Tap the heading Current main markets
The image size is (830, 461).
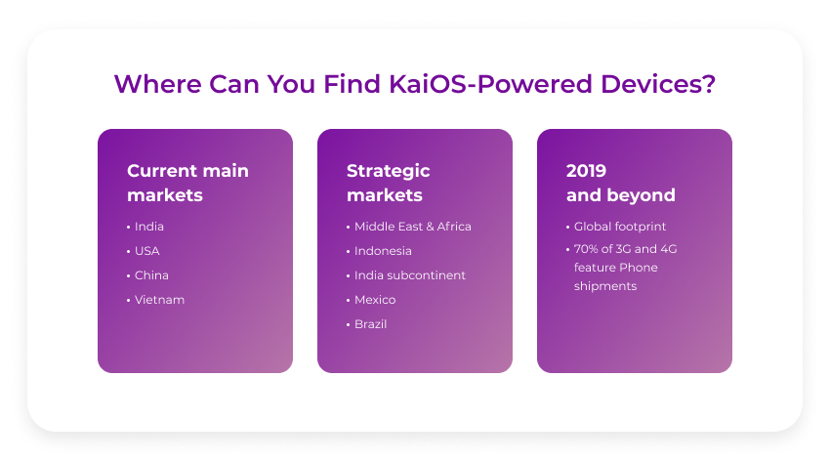pyautogui.click(x=187, y=183)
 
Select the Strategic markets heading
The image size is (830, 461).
pyautogui.click(x=388, y=183)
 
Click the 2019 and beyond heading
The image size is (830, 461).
pyautogui.click(x=620, y=183)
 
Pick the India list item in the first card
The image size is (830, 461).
pyautogui.click(x=149, y=227)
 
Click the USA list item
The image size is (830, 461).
pyautogui.click(x=147, y=251)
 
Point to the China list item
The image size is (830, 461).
pyautogui.click(x=151, y=275)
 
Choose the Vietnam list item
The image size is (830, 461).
pyautogui.click(x=159, y=300)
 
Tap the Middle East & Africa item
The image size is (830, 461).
pyautogui.click(x=412, y=227)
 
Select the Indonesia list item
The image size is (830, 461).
pyautogui.click(x=383, y=251)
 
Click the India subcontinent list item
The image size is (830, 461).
pyautogui.click(x=409, y=275)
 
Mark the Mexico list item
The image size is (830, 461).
pyautogui.click(x=375, y=300)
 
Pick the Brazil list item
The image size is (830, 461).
pyautogui.click(x=370, y=324)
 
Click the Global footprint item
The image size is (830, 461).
pyautogui.click(x=620, y=227)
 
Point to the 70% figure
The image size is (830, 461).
pyautogui.click(x=586, y=249)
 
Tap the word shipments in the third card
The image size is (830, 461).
pyautogui.click(x=604, y=286)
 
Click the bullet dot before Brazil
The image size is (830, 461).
pyautogui.click(x=348, y=324)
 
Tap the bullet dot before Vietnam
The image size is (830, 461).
pyautogui.click(x=128, y=300)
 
